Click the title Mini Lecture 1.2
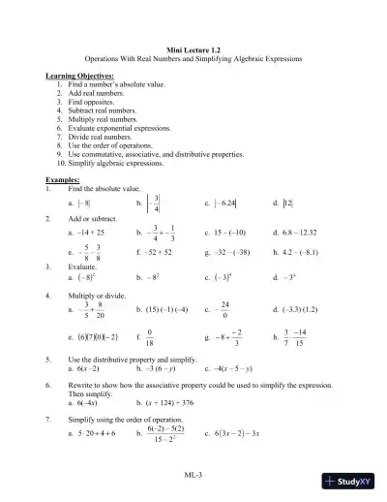point(193,49)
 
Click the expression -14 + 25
point(92,234)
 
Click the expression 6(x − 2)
point(88,368)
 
